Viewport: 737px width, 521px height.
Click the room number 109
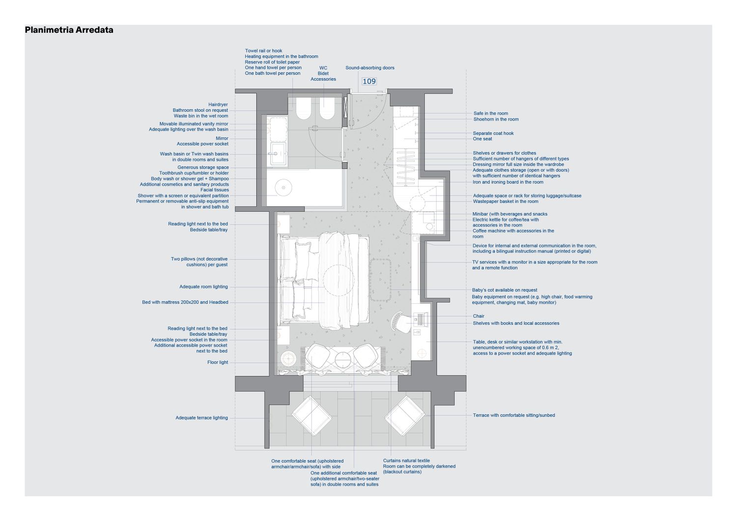click(369, 81)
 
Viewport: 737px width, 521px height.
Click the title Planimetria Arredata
click(69, 30)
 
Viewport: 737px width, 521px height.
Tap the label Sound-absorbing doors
click(370, 68)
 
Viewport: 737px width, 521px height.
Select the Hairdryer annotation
click(218, 105)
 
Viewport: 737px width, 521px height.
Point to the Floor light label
click(218, 362)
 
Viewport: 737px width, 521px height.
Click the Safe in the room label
click(490, 113)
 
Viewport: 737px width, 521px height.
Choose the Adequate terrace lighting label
click(201, 418)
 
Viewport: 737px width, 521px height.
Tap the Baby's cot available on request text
click(505, 290)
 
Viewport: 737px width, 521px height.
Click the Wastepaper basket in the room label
click(506, 202)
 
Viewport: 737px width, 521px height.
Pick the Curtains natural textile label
click(406, 461)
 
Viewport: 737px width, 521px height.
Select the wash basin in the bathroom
click(279, 154)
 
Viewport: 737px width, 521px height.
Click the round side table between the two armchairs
click(342, 360)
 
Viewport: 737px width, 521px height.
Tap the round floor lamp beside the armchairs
click(288, 359)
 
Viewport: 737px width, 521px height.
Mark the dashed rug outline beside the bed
click(381, 280)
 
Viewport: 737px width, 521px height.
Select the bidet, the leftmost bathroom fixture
click(303, 108)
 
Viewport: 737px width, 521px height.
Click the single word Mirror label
click(222, 138)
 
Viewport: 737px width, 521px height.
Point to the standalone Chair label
click(479, 316)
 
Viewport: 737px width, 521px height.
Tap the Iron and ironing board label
click(508, 182)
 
